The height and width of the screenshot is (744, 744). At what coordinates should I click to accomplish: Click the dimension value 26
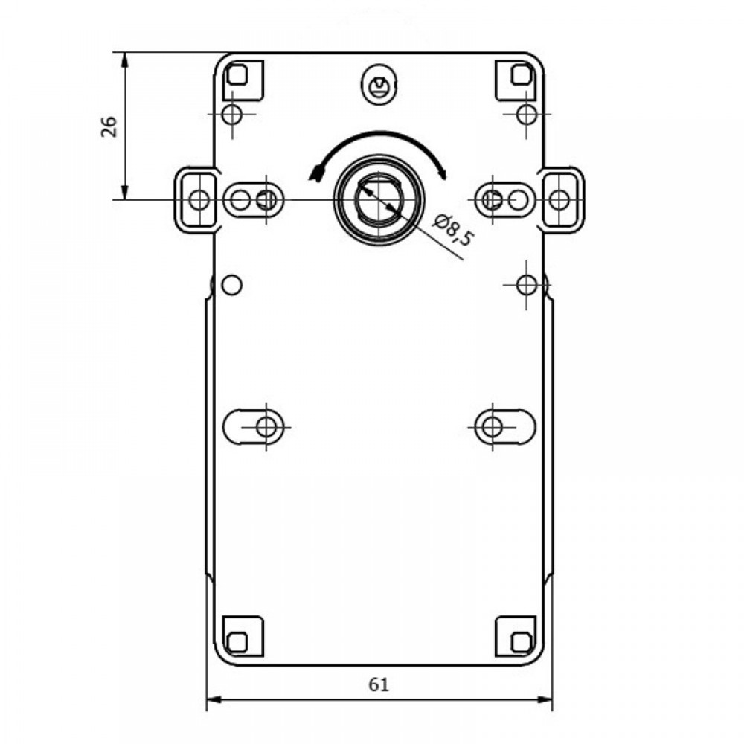pyautogui.click(x=109, y=126)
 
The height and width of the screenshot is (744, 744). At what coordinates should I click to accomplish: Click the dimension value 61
pyautogui.click(x=379, y=684)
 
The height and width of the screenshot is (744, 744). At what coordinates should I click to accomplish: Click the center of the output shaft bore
pyautogui.click(x=379, y=199)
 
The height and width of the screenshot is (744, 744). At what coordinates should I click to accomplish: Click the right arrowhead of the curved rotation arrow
pyautogui.click(x=443, y=173)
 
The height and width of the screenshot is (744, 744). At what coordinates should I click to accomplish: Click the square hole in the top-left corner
pyautogui.click(x=237, y=74)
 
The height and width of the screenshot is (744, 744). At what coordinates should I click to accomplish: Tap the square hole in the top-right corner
pyautogui.click(x=522, y=74)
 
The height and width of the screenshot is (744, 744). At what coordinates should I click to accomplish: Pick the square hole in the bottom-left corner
pyautogui.click(x=237, y=643)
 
